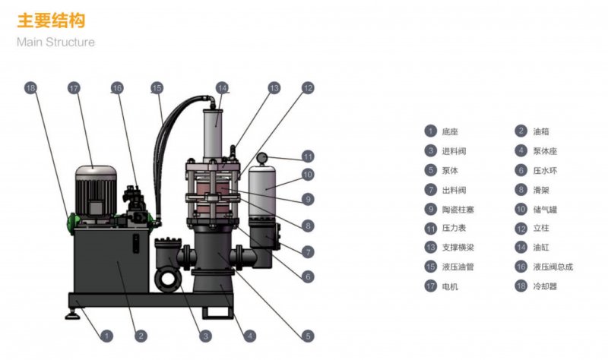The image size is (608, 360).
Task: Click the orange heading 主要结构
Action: pos(51,21)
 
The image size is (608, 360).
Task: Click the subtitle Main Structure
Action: pos(55,42)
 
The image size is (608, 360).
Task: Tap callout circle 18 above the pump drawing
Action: pos(30,88)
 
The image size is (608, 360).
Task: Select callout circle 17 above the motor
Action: pos(74,88)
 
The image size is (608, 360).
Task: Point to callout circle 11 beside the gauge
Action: pos(308,156)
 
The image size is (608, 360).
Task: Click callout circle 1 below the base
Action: pos(106,336)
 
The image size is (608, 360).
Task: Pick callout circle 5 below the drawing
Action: pos(308,336)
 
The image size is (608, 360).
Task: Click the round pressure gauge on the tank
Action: pos(261,158)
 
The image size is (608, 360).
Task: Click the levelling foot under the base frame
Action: pos(72,314)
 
